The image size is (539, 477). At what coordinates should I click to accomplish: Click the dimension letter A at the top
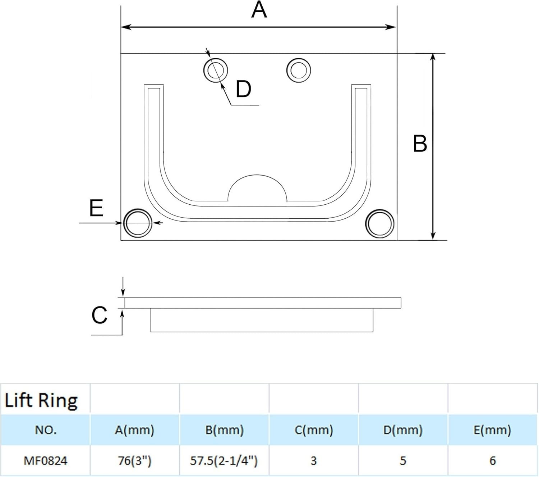pyautogui.click(x=259, y=10)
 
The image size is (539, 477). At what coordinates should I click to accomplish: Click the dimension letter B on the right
pyautogui.click(x=420, y=144)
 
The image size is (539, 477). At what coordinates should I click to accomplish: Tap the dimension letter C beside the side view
pyautogui.click(x=99, y=315)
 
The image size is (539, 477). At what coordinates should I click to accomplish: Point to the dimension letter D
pyautogui.click(x=243, y=89)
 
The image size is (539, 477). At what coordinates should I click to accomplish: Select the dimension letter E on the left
pyautogui.click(x=96, y=208)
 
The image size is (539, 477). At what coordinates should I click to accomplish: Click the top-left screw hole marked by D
pyautogui.click(x=216, y=70)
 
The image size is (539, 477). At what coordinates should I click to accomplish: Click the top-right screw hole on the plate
pyautogui.click(x=299, y=70)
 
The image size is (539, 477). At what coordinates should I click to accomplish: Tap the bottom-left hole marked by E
pyautogui.click(x=138, y=223)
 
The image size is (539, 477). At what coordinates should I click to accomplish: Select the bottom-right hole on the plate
pyautogui.click(x=379, y=223)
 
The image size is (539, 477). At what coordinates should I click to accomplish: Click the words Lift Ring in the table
pyautogui.click(x=41, y=400)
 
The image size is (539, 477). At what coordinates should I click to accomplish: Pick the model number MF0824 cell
pyautogui.click(x=45, y=461)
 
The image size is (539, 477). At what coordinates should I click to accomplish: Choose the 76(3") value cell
pyautogui.click(x=135, y=461)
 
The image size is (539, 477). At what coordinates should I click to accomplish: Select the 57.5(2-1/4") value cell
pyautogui.click(x=224, y=461)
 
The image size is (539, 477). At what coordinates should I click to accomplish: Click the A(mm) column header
pyautogui.click(x=135, y=430)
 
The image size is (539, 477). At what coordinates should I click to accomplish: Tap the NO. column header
pyautogui.click(x=45, y=430)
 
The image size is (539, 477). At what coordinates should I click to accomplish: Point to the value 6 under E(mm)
pyautogui.click(x=493, y=461)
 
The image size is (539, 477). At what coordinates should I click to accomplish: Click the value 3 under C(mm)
pyautogui.click(x=314, y=461)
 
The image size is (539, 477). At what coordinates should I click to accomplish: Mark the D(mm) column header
pyautogui.click(x=403, y=430)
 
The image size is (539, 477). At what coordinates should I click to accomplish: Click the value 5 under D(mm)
pyautogui.click(x=403, y=461)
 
